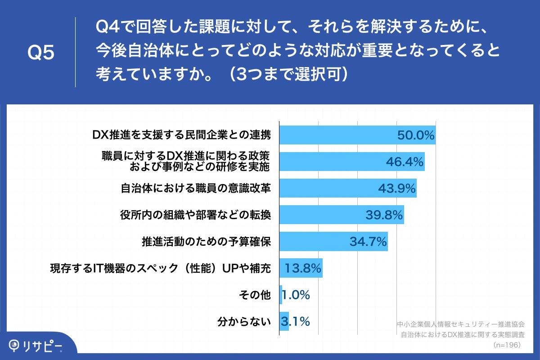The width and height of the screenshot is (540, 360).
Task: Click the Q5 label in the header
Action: tap(41, 53)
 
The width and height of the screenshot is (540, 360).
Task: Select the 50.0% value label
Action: tap(415, 135)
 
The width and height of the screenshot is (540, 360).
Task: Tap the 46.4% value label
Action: tap(405, 162)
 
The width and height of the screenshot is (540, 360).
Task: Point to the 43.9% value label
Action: tap(396, 189)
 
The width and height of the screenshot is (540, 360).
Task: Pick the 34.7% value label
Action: tap(368, 242)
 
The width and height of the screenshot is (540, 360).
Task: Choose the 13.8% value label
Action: tap(303, 269)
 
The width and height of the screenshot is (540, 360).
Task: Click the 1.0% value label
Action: tap(296, 295)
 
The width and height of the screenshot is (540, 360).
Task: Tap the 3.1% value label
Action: tap(295, 322)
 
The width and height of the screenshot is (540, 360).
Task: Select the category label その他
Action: tap(256, 295)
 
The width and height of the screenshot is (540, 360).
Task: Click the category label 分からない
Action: tap(244, 322)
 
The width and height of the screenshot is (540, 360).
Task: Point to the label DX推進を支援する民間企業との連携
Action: tap(181, 135)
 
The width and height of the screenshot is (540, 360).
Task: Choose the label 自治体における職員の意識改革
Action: tap(196, 189)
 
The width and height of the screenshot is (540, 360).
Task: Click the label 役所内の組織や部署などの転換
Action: tap(196, 215)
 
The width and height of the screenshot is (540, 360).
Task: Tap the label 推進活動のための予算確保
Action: tap(207, 242)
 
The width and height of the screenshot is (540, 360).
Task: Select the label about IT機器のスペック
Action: tap(160, 269)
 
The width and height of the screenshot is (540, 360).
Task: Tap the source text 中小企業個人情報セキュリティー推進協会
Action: tap(461, 324)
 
